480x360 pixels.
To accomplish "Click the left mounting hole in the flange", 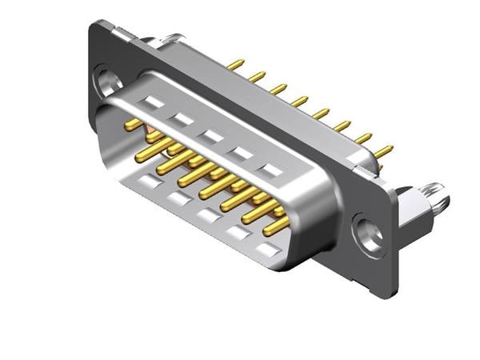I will click(106, 80).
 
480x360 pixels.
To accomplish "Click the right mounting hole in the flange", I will click(369, 234).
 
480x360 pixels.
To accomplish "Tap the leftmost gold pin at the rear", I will click(235, 63).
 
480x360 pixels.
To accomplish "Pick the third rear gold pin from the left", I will click(278, 88).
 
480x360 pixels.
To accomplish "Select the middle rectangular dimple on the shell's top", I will click(212, 136).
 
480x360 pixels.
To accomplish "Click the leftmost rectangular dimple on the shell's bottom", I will click(148, 182).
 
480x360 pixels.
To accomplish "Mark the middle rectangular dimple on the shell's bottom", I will click(207, 216).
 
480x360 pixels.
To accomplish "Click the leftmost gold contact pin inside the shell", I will click(134, 125).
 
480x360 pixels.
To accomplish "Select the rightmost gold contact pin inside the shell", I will click(277, 226).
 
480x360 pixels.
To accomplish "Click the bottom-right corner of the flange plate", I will click(391, 294).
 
